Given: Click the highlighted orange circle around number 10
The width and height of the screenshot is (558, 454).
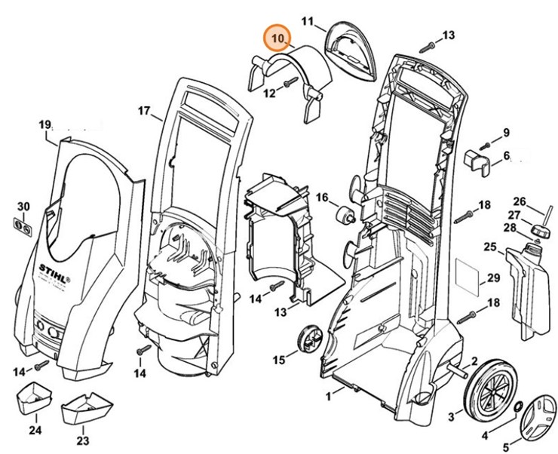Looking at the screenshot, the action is [x=277, y=38].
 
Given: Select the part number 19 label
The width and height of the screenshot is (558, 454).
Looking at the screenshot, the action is [x=44, y=125].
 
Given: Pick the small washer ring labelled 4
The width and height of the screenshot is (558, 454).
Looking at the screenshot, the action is [x=518, y=406].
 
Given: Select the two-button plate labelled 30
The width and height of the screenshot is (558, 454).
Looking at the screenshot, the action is [x=23, y=227].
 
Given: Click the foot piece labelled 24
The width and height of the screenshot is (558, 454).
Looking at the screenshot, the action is [x=34, y=398].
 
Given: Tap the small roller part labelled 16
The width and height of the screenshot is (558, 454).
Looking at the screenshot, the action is [x=345, y=215].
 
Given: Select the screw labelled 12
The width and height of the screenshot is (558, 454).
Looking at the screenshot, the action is [x=290, y=82].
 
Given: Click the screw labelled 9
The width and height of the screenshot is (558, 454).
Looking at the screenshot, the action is [x=485, y=146].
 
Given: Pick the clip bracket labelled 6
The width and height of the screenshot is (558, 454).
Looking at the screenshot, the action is [x=477, y=162].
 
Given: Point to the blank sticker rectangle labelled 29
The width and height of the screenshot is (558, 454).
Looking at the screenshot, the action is [x=468, y=278].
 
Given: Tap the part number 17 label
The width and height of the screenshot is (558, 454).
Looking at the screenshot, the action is [x=144, y=111].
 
